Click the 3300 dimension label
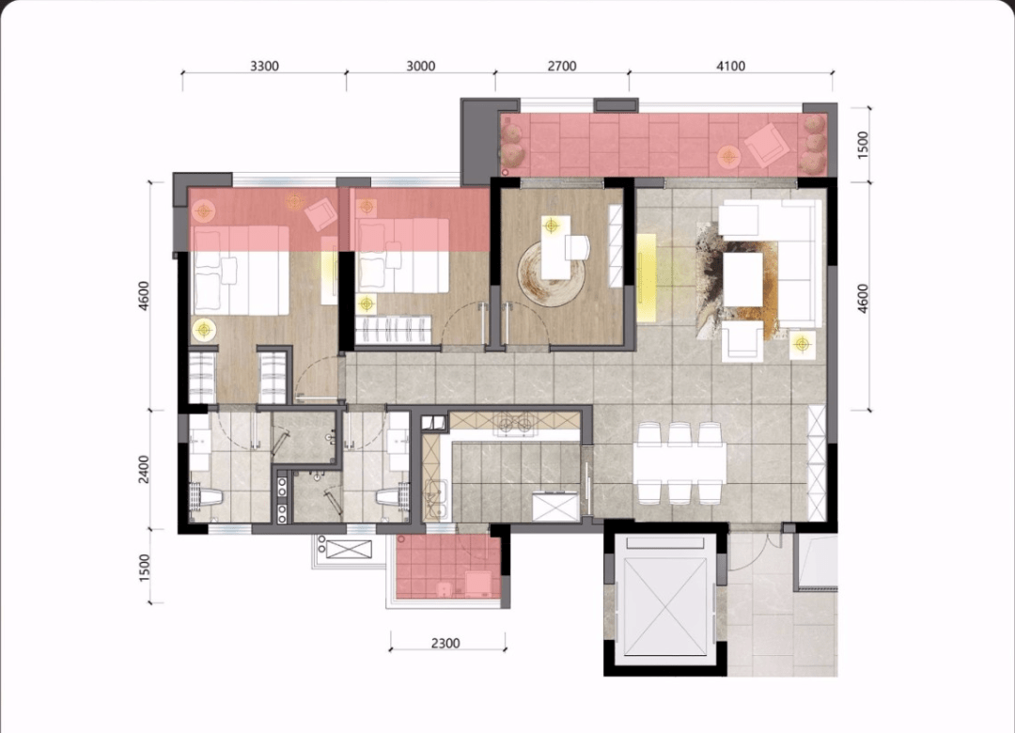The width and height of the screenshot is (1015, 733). [264, 66]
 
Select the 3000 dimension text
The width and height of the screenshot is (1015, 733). [421, 66]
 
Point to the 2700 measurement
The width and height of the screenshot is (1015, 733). [562, 66]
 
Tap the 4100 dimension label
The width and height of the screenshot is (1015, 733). [731, 66]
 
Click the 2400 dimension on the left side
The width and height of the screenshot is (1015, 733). [144, 470]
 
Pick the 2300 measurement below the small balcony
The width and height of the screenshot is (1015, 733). [445, 643]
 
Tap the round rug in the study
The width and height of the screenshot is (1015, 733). [551, 272]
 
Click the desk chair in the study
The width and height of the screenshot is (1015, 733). [577, 247]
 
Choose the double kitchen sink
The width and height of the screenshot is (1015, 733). [434, 499]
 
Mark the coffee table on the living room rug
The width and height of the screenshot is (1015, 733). [743, 279]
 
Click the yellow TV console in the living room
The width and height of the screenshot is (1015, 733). [646, 277]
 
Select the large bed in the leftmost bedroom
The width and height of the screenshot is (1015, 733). [241, 270]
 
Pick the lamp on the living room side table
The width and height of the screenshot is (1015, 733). [803, 344]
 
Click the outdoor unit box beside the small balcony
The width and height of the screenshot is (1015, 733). [348, 550]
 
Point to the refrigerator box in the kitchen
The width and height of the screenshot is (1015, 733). [554, 507]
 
